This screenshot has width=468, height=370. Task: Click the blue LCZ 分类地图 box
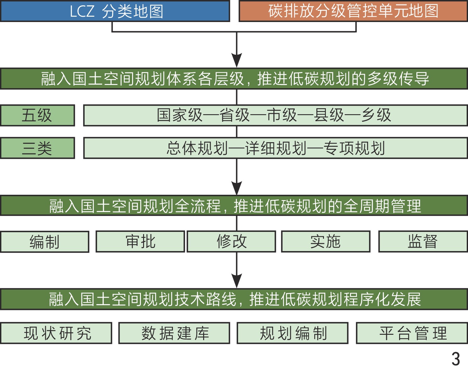pyautogui.click(x=115, y=11)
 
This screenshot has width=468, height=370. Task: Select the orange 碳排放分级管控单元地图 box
pyautogui.click(x=353, y=11)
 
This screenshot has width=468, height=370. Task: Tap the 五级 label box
pyautogui.click(x=37, y=115)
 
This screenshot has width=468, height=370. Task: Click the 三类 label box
pyautogui.click(x=37, y=148)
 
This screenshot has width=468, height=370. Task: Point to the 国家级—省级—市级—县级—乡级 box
pyautogui.click(x=275, y=115)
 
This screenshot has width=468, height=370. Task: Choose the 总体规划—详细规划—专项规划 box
pyautogui.click(x=275, y=148)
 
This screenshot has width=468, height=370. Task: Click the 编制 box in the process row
pyautogui.click(x=45, y=242)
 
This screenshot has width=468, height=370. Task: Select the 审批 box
pyautogui.click(x=140, y=242)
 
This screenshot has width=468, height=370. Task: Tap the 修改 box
pyautogui.click(x=231, y=242)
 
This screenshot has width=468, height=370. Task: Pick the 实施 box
pyautogui.click(x=326, y=242)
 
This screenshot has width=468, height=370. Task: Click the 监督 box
pyautogui.click(x=423, y=242)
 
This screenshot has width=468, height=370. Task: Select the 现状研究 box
pyautogui.click(x=56, y=333)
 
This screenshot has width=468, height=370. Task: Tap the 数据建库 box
pyautogui.click(x=174, y=333)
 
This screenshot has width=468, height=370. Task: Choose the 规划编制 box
pyautogui.click(x=292, y=333)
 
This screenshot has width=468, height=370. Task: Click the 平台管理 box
pyautogui.click(x=412, y=333)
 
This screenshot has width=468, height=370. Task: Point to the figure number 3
pyautogui.click(x=456, y=359)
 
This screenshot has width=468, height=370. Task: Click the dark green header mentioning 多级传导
pyautogui.click(x=234, y=79)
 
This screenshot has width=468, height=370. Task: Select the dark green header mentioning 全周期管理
pyautogui.click(x=234, y=206)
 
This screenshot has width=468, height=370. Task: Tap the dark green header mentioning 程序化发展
pyautogui.click(x=234, y=299)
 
